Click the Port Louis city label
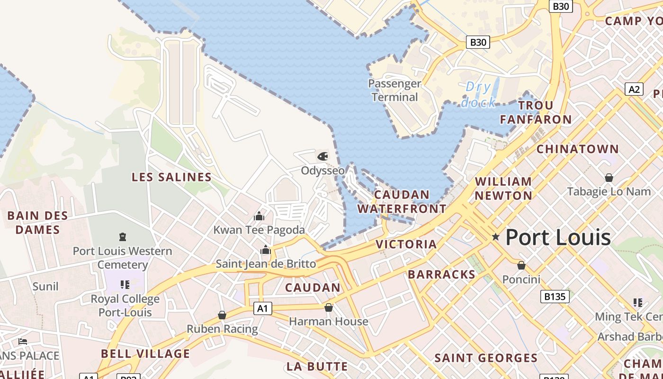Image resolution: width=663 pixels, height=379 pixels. [558, 237]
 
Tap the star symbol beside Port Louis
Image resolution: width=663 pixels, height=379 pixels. [495, 236]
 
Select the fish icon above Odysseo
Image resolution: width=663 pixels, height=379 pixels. [323, 156]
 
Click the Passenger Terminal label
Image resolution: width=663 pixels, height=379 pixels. [394, 90]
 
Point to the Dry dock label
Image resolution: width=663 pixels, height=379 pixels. [478, 94]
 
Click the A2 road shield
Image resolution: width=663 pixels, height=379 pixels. [634, 89]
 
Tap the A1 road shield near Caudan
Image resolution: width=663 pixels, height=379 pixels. [263, 308]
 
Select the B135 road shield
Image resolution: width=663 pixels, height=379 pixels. [555, 297]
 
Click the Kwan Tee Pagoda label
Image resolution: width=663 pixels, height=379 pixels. [259, 230]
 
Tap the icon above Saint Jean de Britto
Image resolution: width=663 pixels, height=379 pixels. [266, 250]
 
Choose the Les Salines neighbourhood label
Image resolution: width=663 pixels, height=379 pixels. [171, 177]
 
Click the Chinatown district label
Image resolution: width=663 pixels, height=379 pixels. [577, 149]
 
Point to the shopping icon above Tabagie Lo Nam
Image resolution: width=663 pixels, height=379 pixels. [609, 178]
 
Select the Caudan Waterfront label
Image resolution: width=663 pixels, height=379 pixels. [402, 202]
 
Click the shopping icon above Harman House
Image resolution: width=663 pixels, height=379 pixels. [329, 307]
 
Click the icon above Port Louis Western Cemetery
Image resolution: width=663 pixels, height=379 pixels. [123, 236]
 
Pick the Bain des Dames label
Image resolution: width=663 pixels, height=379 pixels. [37, 223]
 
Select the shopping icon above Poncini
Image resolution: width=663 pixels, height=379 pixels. [521, 265]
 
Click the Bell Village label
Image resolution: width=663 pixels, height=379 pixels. [145, 353]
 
